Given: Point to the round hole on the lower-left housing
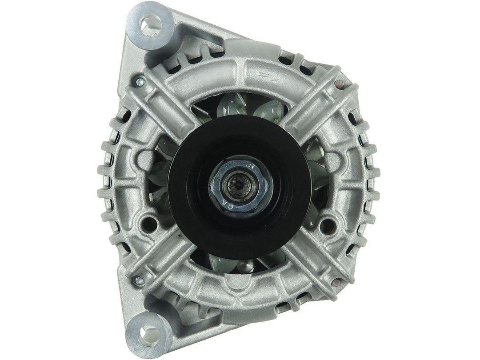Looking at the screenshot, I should coord(149,221).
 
